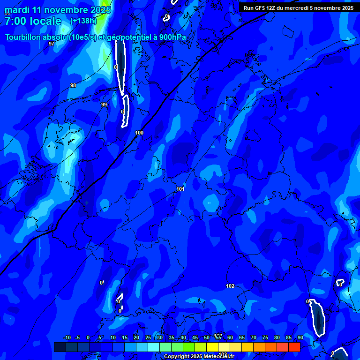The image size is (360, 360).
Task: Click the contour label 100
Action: pyautogui.click(x=139, y=133)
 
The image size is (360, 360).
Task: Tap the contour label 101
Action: pyautogui.click(x=180, y=189)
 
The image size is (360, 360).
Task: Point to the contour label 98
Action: pyautogui.click(x=73, y=85)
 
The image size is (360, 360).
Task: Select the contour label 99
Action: pyautogui.click(x=104, y=105)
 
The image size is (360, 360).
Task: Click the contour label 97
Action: pyautogui.click(x=52, y=44)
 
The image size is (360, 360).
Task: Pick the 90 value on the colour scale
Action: pyautogui.click(x=300, y=337)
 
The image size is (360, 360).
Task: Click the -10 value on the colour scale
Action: pyautogui.click(x=67, y=337)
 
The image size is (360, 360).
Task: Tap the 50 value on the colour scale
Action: pyautogui.click(x=207, y=337)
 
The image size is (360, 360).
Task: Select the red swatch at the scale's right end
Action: pyautogui.click(x=294, y=347)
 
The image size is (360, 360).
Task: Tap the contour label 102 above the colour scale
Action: pyautogui.click(x=230, y=286)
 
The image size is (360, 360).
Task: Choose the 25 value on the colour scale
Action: pyautogui.click(x=148, y=337)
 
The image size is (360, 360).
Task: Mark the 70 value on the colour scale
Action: pyautogui.click(x=253, y=337)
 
